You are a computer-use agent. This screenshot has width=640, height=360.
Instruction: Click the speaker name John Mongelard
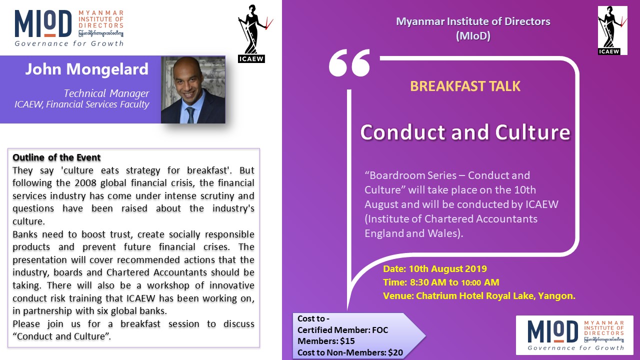[87, 69]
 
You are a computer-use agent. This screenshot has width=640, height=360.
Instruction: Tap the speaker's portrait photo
[193, 89]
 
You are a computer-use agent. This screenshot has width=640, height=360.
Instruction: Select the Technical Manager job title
[106, 93]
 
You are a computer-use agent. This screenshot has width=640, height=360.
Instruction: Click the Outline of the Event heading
[56, 157]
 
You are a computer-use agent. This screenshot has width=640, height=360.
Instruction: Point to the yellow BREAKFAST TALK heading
[465, 86]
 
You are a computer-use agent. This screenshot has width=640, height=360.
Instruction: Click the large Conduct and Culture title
[465, 132]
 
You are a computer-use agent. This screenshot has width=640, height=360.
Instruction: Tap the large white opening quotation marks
[349, 63]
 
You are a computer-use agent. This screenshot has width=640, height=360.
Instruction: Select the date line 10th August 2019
[435, 269]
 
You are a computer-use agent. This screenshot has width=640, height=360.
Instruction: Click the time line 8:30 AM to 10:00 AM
[441, 282]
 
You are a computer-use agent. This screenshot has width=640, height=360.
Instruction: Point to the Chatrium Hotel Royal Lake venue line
[479, 295]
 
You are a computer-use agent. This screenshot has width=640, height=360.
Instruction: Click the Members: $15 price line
[326, 341]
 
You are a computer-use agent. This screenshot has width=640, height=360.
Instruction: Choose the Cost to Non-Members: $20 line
[350, 352]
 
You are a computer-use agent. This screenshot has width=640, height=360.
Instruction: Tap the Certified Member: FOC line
[342, 330]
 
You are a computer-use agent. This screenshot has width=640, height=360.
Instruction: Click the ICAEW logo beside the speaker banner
[252, 33]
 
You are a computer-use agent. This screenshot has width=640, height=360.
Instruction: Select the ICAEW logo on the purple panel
[612, 30]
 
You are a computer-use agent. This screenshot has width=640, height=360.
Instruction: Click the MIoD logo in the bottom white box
[575, 335]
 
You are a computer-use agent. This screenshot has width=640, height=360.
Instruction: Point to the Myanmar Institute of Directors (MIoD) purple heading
[473, 28]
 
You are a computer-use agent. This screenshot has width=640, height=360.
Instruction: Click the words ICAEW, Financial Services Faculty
[81, 104]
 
